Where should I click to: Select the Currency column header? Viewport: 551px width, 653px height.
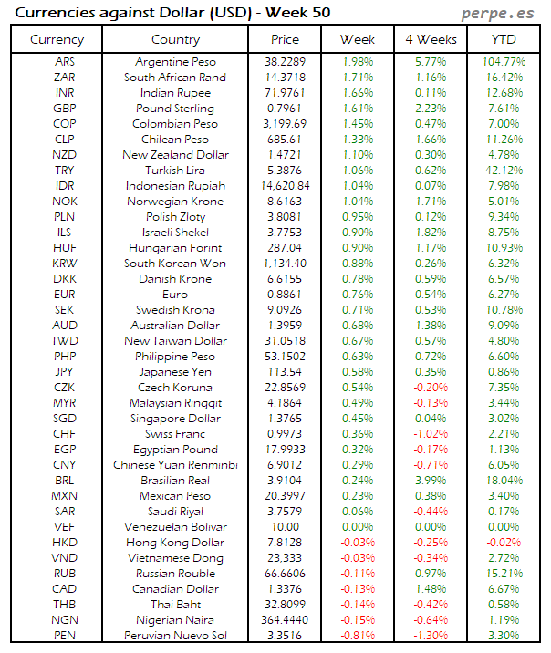click(x=57, y=39)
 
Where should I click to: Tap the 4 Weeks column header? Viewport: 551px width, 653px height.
click(x=431, y=39)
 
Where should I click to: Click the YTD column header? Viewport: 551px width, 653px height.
click(x=504, y=39)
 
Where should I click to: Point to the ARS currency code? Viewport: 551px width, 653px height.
click(x=65, y=61)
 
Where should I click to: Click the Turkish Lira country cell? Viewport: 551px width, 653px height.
click(x=175, y=171)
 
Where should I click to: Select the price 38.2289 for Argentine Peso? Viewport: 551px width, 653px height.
click(x=285, y=61)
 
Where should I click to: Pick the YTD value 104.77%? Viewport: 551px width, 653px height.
click(x=504, y=61)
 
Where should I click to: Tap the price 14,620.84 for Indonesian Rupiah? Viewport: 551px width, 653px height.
click(x=285, y=186)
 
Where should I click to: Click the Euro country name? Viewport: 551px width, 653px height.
click(x=175, y=295)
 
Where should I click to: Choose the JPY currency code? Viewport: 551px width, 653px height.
click(x=65, y=372)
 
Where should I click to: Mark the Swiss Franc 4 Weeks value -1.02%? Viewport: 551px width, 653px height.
click(x=431, y=434)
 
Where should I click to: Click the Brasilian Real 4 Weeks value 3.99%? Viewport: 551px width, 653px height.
click(x=431, y=481)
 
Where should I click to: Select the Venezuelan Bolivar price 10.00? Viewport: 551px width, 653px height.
click(x=285, y=527)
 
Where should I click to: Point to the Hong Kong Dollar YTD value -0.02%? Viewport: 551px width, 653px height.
click(x=504, y=543)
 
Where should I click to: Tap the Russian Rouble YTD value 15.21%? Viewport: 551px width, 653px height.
click(x=504, y=574)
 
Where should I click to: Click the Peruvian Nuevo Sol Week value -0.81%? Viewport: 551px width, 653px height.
click(x=358, y=636)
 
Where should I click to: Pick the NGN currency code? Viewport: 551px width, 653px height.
click(x=65, y=620)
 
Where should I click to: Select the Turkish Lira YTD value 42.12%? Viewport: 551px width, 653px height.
click(x=504, y=171)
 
